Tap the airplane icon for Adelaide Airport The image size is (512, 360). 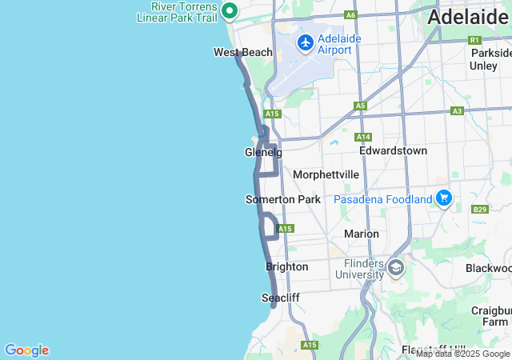(x=305, y=42)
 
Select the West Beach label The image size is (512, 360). (x=243, y=53)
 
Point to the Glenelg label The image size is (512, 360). (x=263, y=153)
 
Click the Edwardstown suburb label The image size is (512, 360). (x=393, y=150)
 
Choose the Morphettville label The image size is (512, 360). (x=326, y=174)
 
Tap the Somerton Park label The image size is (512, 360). (x=282, y=199)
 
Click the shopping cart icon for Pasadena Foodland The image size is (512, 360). (x=444, y=198)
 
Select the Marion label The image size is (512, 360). (x=361, y=234)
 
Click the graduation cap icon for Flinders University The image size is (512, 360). (x=396, y=268)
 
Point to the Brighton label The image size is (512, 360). (x=286, y=266)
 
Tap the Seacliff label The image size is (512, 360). (x=281, y=298)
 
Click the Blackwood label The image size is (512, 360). (x=488, y=268)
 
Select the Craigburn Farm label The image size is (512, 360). (x=492, y=315)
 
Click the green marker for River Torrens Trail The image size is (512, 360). (x=230, y=11)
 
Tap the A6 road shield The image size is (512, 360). (x=350, y=14)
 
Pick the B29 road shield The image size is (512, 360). (x=480, y=210)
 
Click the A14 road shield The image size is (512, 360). (x=363, y=137)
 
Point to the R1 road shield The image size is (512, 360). (x=474, y=40)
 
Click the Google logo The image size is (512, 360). (x=26, y=350)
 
